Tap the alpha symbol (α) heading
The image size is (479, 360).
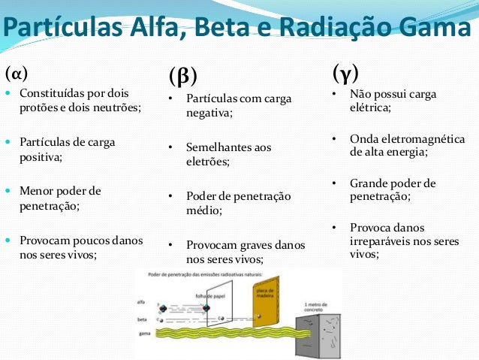17,74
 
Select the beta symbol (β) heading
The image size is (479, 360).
182,76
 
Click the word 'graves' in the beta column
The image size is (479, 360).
249,245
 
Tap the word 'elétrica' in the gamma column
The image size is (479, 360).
369,107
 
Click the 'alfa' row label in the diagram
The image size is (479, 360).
141,301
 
